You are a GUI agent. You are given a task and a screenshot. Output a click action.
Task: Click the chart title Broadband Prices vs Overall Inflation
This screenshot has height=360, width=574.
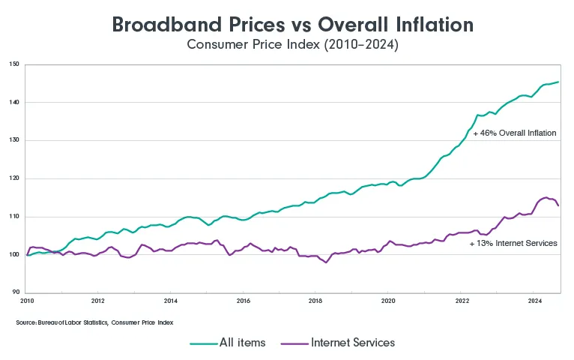click(292, 24)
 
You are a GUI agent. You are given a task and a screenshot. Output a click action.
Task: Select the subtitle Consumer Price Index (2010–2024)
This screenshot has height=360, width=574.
click(292, 45)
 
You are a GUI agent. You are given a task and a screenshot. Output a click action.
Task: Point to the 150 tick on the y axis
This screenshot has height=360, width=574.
click(15, 64)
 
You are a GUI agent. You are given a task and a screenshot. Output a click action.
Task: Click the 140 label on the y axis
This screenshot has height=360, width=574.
click(15, 103)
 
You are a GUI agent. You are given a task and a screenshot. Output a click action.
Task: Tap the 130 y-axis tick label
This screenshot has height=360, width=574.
click(15, 140)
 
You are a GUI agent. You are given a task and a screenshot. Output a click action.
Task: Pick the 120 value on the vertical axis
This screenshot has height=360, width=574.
click(15, 178)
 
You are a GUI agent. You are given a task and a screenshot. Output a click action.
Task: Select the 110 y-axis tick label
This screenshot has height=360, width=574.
click(15, 217)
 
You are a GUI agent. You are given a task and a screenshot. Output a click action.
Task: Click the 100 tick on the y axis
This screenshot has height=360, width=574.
click(15, 255)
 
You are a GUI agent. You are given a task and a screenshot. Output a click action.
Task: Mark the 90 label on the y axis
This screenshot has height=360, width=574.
click(16, 292)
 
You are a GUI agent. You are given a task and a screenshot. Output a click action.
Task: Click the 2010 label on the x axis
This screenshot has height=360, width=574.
click(27, 301)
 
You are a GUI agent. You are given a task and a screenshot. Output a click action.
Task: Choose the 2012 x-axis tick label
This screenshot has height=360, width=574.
click(97, 301)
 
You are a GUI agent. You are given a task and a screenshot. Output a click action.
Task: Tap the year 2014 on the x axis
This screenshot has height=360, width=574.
click(170, 301)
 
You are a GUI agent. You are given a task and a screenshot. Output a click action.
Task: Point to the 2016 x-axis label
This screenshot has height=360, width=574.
click(243, 301)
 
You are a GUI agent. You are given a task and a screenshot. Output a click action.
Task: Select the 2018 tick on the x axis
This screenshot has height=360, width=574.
click(315, 301)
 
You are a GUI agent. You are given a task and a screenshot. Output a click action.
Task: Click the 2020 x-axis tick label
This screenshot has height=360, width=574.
click(388, 301)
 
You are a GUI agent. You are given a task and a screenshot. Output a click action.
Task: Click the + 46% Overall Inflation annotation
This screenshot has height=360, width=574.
click(514, 133)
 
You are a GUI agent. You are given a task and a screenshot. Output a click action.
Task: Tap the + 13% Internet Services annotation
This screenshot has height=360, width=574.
click(513, 244)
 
